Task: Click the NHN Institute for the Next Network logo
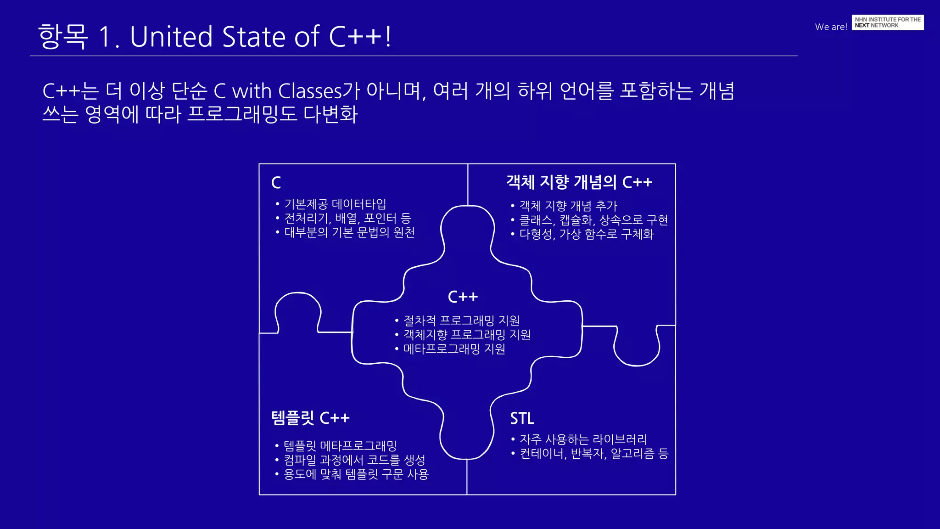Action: (x=887, y=23)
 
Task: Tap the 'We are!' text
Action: (x=831, y=27)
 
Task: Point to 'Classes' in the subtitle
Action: (x=310, y=91)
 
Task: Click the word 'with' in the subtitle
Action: (x=252, y=91)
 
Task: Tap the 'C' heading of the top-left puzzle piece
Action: (x=276, y=183)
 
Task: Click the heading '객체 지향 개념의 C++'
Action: (x=579, y=182)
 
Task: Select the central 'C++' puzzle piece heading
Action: (x=463, y=297)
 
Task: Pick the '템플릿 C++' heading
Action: (x=310, y=418)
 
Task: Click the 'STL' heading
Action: (x=522, y=418)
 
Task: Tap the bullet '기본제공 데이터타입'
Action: (x=335, y=204)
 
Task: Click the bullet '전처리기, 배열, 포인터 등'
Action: (x=347, y=218)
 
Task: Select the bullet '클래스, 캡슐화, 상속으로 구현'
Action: (x=593, y=220)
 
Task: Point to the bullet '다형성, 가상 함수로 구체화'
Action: (x=586, y=234)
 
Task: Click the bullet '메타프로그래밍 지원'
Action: (x=454, y=349)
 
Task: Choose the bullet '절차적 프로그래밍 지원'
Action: (x=461, y=321)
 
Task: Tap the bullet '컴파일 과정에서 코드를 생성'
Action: (x=354, y=460)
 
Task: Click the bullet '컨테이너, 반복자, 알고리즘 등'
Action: (x=593, y=454)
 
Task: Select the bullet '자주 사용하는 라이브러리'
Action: (x=583, y=439)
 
